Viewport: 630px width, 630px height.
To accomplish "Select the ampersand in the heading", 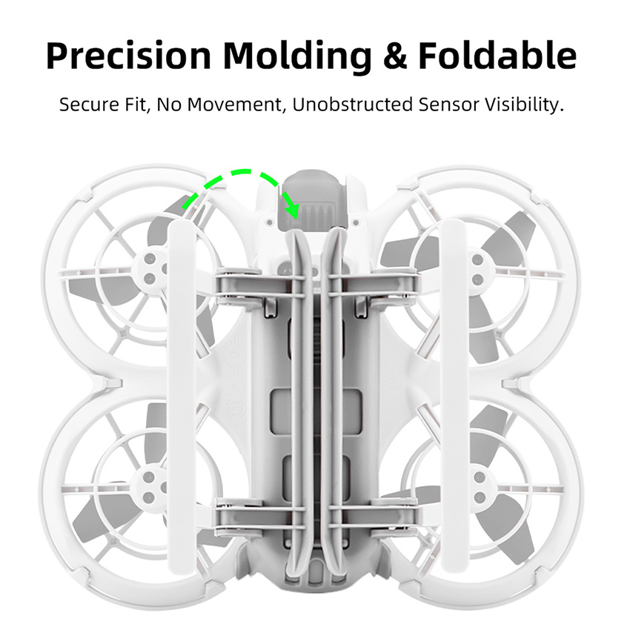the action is click(396, 56).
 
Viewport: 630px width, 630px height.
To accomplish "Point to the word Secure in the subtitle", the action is click(89, 105).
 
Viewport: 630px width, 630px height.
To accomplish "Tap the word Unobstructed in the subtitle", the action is click(352, 105).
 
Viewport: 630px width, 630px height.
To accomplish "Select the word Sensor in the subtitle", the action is click(449, 105).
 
